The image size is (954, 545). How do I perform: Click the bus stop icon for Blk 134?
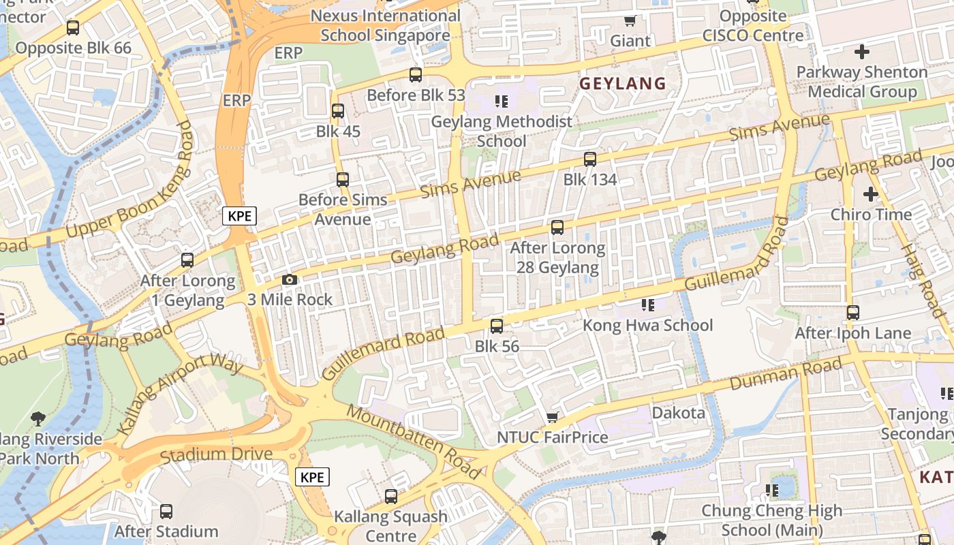590,159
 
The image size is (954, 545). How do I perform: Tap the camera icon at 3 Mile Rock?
290,280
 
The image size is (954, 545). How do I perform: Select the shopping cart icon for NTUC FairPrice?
553,417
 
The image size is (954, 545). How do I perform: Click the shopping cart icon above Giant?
630,21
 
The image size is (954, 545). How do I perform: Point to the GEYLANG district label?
622,84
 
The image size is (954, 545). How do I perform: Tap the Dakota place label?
678,413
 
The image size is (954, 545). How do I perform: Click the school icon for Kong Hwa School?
647,305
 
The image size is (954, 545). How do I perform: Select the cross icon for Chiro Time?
870,194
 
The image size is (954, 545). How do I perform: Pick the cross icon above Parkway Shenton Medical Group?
861,51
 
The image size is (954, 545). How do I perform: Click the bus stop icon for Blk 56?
497,326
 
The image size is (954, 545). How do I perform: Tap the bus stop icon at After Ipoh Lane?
852,313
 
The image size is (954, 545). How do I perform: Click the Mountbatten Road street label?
414,441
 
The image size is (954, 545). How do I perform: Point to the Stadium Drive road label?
216,455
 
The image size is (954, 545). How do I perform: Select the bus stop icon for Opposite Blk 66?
73,28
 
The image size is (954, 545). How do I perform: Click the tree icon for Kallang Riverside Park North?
38,418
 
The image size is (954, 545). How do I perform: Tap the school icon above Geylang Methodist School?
502,102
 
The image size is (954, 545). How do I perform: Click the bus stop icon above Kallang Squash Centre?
391,497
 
